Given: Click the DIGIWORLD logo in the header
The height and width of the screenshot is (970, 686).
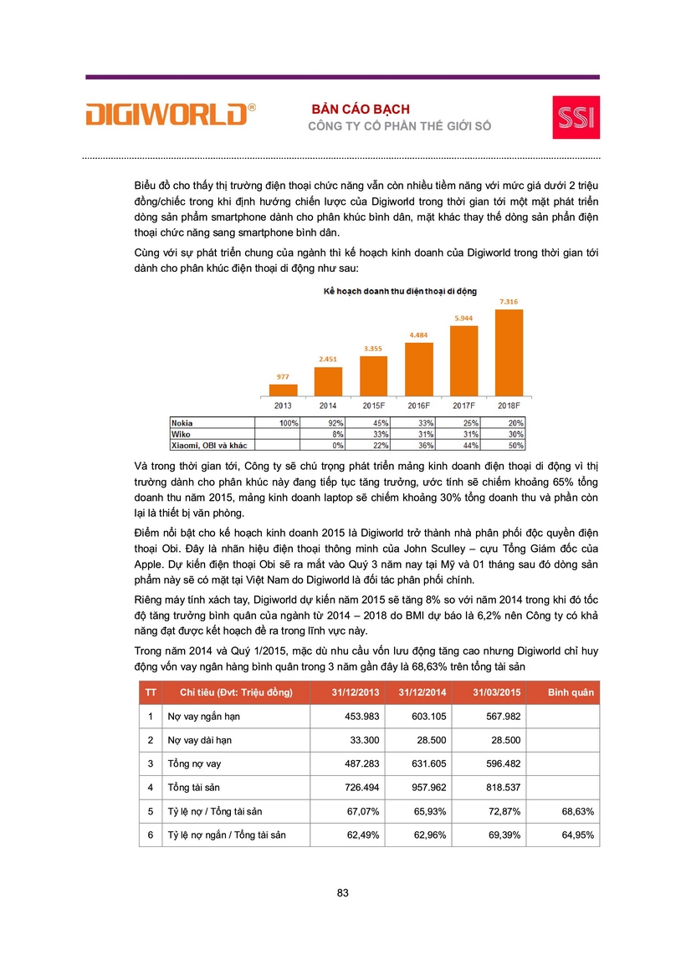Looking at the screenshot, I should pos(170,114).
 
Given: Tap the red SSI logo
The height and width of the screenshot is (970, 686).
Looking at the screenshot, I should pos(576,116).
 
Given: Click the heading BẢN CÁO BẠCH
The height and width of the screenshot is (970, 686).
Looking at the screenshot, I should pos(361,110).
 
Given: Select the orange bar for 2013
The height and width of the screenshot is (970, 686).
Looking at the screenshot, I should pos(284,390).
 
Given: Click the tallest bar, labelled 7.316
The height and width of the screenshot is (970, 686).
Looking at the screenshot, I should pos(509,353).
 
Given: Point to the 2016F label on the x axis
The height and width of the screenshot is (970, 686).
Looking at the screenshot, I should pos(418,406).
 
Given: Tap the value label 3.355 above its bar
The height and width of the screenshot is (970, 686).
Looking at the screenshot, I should pos(373,348).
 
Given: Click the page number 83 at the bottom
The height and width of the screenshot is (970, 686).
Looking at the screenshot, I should pos(343,892).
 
